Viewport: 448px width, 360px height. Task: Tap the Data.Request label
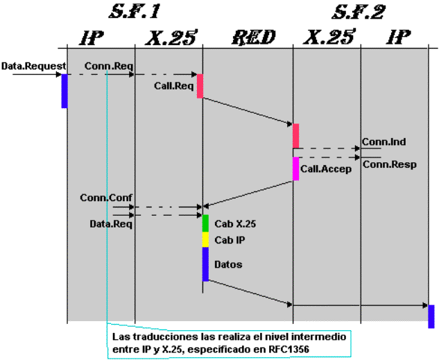[x=34, y=66]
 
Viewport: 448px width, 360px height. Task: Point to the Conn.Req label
[x=110, y=66]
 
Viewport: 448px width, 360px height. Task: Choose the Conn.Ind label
[x=388, y=142]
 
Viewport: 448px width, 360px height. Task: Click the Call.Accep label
[x=326, y=169]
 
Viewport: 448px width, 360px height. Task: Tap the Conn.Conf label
[x=105, y=198]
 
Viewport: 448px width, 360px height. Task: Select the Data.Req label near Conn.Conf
[x=111, y=224]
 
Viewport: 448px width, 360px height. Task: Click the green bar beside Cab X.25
[x=205, y=223]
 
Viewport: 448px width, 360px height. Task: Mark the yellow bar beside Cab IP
[x=205, y=239]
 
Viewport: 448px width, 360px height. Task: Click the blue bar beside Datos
[x=205, y=264]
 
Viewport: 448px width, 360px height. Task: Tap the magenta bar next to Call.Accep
[x=296, y=169]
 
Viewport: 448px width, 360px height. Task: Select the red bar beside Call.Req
[x=200, y=86]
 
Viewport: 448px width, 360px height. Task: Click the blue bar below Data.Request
[x=64, y=91]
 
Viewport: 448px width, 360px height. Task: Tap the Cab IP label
[x=230, y=240]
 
